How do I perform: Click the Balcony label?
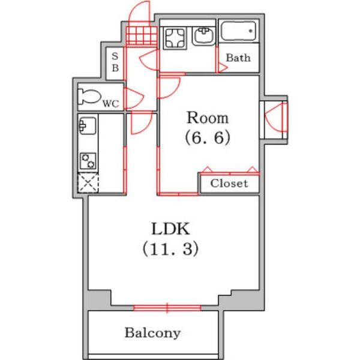pyautogui.click(x=153, y=332)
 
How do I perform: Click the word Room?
pyautogui.click(x=206, y=117)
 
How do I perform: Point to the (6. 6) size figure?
pyautogui.click(x=206, y=138)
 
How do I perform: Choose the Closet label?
pyautogui.click(x=229, y=184)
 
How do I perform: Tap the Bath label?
pyautogui.click(x=238, y=59)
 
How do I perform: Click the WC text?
pyautogui.click(x=110, y=104)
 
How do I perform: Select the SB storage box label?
pyautogui.click(x=115, y=61)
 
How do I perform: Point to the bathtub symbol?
pyautogui.click(x=238, y=31)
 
